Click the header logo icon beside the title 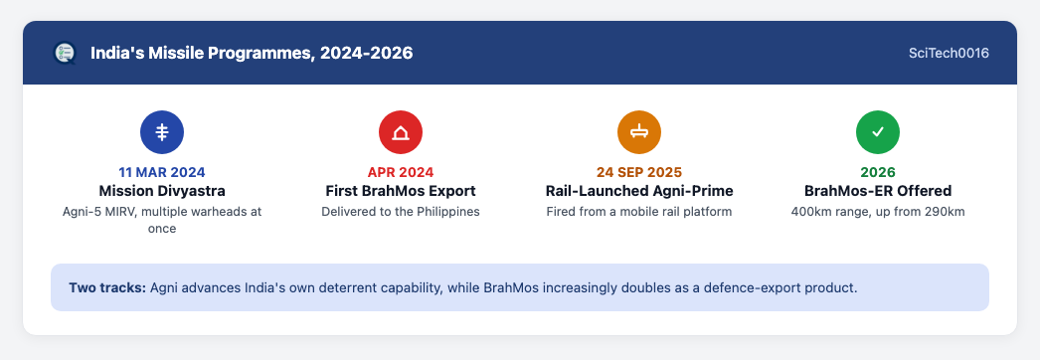coord(65,53)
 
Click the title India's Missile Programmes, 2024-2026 coord(252,53)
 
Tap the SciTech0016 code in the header coord(949,53)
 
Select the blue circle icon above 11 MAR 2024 coord(162,132)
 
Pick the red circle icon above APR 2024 coord(401,132)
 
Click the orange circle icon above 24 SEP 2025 coord(639,132)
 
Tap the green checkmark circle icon coord(878,132)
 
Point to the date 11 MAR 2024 coord(162,172)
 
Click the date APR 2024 coord(401,172)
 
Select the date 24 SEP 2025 coord(639,172)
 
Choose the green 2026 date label coord(878,172)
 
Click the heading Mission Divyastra coord(162,191)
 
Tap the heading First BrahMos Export coord(401,191)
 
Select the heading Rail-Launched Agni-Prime coord(639,191)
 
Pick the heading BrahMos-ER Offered coord(878,191)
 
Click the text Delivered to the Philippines coord(401,212)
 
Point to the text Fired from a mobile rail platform coord(639,212)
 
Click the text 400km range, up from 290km coord(878,212)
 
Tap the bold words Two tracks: coord(107,288)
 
